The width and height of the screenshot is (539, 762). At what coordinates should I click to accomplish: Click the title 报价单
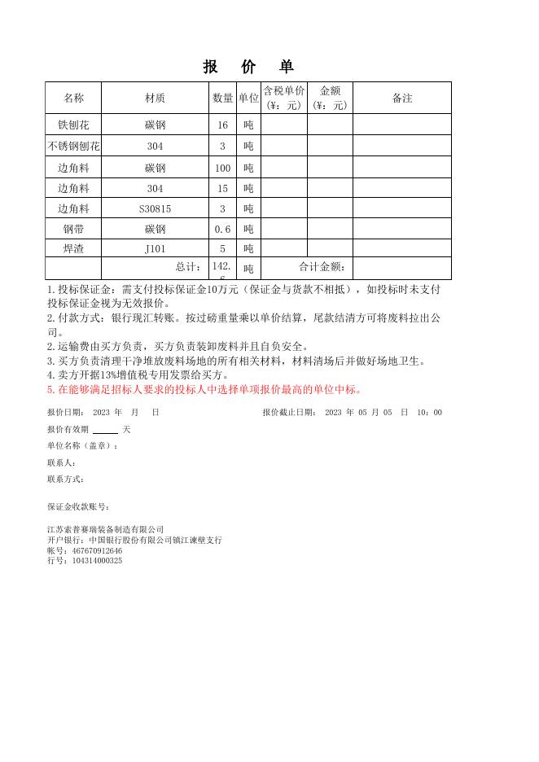248,68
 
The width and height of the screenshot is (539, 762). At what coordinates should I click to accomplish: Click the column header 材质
155,98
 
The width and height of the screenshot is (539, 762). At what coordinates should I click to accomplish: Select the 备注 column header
402,98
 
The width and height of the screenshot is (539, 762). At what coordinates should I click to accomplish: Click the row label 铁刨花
73,125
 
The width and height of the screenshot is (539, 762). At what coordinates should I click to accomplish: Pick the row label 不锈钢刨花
73,147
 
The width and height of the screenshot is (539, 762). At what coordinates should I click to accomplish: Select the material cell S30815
155,209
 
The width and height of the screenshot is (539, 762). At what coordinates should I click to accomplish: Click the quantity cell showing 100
222,169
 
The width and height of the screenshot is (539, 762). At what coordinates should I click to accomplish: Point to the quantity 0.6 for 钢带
222,230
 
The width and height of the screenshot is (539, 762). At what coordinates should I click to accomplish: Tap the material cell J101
155,249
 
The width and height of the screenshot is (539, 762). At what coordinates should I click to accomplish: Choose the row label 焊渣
73,249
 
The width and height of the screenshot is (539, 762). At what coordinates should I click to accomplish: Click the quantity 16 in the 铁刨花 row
222,125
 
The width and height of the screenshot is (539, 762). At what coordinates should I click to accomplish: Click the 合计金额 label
322,267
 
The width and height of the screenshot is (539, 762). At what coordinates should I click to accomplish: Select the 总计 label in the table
188,267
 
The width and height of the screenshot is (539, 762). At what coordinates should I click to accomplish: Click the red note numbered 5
204,389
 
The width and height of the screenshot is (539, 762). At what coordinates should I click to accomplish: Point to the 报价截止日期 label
290,413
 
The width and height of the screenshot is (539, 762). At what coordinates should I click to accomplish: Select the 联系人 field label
62,462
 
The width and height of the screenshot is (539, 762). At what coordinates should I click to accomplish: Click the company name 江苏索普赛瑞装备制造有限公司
105,529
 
